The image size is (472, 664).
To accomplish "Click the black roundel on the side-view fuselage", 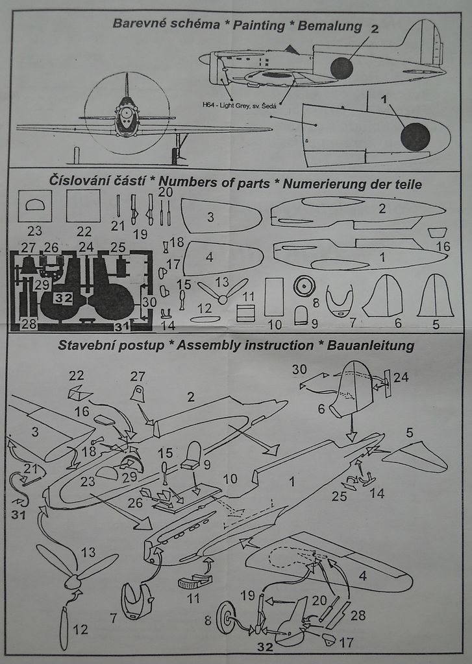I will tap(342, 67).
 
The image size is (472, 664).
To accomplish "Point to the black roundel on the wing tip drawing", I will tap(415, 137).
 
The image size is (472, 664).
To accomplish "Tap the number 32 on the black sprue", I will tap(63, 298).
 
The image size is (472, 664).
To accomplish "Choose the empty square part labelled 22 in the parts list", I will tap(83, 206).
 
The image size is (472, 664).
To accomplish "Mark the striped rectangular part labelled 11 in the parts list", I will tap(245, 313).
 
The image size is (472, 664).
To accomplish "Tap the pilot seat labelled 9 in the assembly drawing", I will tap(192, 455).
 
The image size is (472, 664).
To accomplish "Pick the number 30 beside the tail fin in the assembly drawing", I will tap(299, 370).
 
